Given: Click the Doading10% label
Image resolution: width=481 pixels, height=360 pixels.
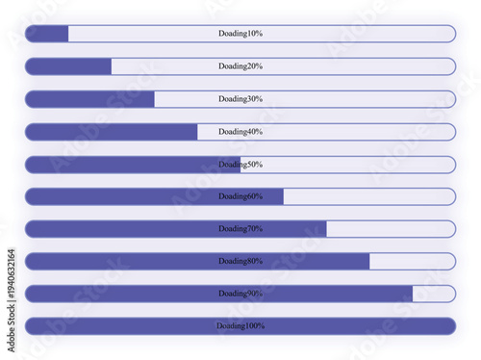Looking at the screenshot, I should pyautogui.click(x=240, y=34).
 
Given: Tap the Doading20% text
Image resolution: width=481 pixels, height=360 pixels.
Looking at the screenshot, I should pyautogui.click(x=240, y=66).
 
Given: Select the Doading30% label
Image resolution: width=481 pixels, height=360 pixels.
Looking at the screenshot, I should pyautogui.click(x=240, y=99).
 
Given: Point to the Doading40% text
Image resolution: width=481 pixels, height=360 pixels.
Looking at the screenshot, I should pyautogui.click(x=240, y=132).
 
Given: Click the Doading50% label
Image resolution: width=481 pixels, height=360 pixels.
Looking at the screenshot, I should pyautogui.click(x=240, y=165).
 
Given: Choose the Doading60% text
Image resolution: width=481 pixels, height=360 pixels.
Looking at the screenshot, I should pyautogui.click(x=240, y=196).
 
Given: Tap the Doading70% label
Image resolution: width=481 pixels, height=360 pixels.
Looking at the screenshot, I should pyautogui.click(x=240, y=229).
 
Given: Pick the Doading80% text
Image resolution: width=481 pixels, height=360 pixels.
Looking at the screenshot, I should pyautogui.click(x=240, y=261).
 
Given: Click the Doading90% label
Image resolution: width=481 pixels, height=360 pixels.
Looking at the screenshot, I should pyautogui.click(x=240, y=294).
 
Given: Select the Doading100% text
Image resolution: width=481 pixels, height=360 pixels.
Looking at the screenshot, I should pyautogui.click(x=240, y=326).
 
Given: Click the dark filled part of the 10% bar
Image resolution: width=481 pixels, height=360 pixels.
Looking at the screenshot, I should pyautogui.click(x=47, y=34).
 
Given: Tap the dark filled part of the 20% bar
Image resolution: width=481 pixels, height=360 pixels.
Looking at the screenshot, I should pyautogui.click(x=68, y=66).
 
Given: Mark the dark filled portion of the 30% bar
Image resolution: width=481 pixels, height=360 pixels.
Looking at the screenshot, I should pyautogui.click(x=89, y=99).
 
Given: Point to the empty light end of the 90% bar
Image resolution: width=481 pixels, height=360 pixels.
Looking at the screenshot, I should pyautogui.click(x=434, y=294).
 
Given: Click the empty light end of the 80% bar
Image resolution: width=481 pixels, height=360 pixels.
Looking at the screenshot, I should pyautogui.click(x=412, y=261).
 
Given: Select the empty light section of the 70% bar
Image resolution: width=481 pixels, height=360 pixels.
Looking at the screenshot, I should pyautogui.click(x=391, y=229).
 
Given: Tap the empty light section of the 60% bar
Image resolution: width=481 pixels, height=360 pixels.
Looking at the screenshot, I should pyautogui.click(x=369, y=196).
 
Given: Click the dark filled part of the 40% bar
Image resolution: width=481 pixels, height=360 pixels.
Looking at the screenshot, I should pyautogui.click(x=112, y=132).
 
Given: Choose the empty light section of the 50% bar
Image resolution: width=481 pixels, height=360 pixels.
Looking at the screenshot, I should pyautogui.click(x=347, y=165).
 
